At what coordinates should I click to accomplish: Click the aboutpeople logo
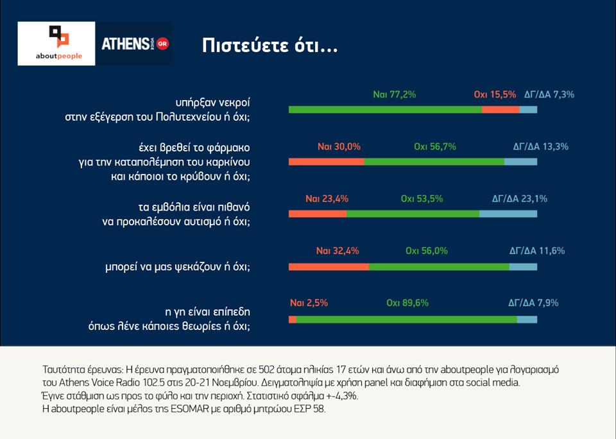(x=57, y=44)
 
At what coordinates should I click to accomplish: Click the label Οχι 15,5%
(x=495, y=94)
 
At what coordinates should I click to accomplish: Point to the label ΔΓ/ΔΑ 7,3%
(x=549, y=94)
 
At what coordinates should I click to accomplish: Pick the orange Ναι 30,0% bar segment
(x=327, y=162)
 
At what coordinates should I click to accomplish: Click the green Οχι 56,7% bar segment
(x=434, y=162)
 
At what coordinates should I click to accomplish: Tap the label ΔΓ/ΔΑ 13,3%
(x=540, y=146)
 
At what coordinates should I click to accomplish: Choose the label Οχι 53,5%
(x=422, y=198)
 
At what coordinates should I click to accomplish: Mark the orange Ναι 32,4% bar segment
(x=329, y=266)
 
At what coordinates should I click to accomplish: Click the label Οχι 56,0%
(x=427, y=251)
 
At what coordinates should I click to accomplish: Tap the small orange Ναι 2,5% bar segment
(x=293, y=319)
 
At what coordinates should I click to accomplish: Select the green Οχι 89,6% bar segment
(x=407, y=319)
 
